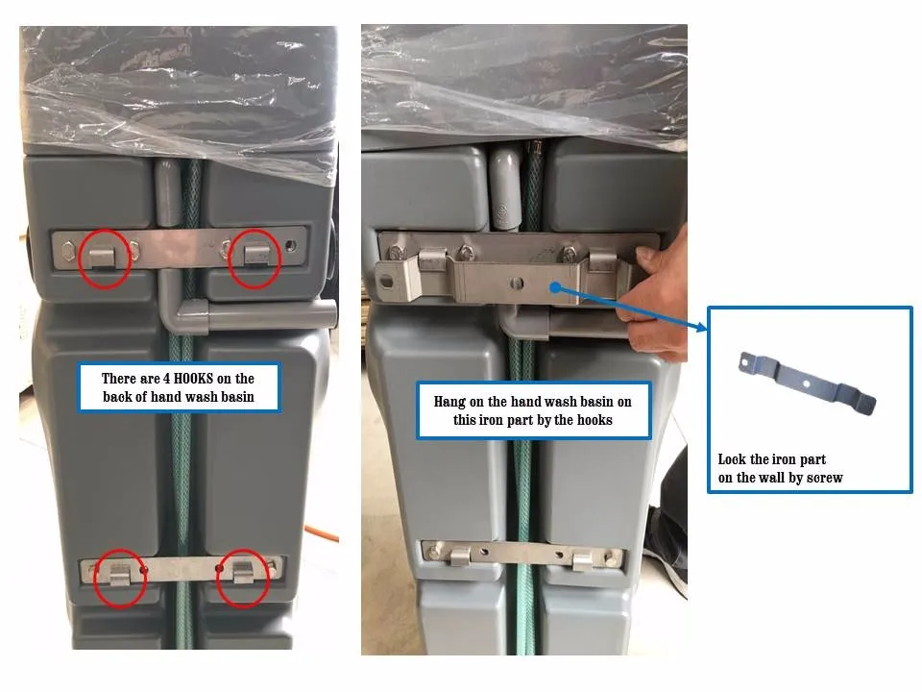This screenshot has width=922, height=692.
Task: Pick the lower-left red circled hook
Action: (x=120, y=578)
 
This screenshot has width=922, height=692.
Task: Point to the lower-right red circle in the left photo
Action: (x=243, y=578)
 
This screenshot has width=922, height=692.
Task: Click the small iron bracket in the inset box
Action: (x=807, y=382)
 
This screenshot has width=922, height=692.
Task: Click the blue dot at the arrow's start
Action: (x=554, y=285)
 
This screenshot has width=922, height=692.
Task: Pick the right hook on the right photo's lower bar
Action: (x=583, y=560)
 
